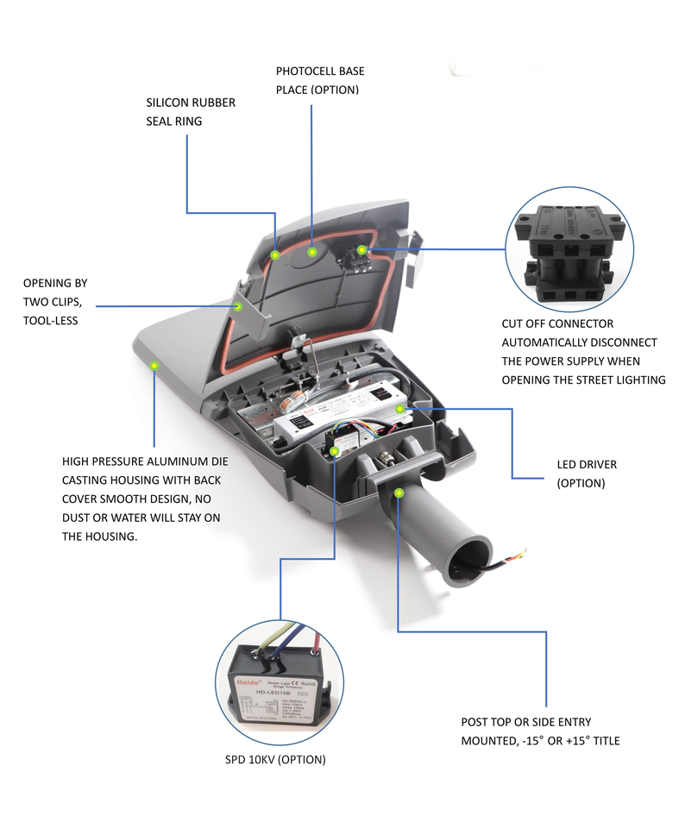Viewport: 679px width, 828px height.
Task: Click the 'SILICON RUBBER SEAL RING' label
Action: click(x=191, y=112)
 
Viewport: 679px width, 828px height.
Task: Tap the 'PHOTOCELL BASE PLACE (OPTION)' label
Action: click(x=320, y=80)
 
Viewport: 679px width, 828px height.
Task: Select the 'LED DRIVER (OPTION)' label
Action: click(x=587, y=474)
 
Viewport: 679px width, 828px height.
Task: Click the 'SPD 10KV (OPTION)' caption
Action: click(x=273, y=760)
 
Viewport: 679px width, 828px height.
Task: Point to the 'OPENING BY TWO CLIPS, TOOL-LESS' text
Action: click(x=55, y=301)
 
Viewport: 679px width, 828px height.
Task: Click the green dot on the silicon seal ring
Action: click(x=274, y=254)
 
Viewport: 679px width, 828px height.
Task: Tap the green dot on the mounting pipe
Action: click(x=399, y=492)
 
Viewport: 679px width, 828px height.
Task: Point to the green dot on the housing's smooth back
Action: click(x=154, y=366)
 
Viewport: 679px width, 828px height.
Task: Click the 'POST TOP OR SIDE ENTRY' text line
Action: click(x=526, y=722)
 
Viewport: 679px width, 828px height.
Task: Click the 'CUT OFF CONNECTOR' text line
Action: click(x=557, y=323)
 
